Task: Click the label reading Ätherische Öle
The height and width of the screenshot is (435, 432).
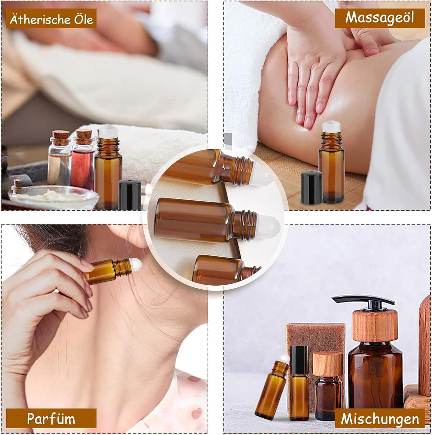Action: click(x=51, y=19)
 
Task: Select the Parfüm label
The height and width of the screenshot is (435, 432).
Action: click(x=51, y=418)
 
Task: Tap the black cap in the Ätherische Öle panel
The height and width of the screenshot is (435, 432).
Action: click(x=130, y=193)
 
